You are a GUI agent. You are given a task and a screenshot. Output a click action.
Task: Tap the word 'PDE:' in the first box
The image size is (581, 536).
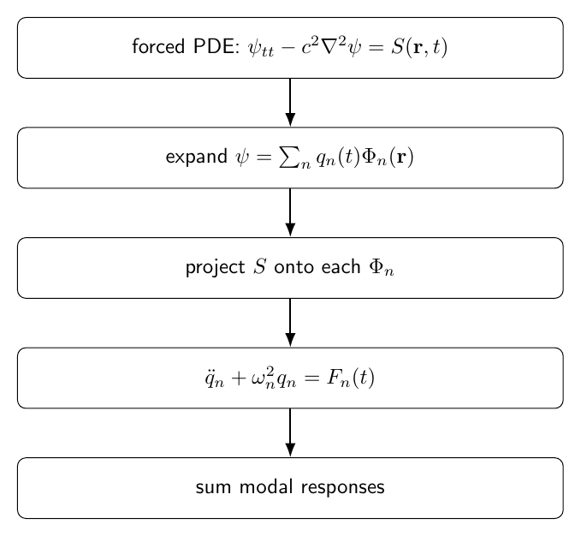(216, 47)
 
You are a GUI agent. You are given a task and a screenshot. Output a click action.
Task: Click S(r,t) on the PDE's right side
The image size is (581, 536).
(419, 48)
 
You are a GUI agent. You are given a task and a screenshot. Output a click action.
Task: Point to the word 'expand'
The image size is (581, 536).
(197, 158)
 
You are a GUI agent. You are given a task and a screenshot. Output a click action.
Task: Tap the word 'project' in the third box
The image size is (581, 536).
(216, 268)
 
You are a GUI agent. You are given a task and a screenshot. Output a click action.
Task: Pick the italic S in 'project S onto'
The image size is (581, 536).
(260, 267)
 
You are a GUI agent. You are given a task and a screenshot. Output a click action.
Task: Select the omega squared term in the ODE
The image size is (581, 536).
(263, 378)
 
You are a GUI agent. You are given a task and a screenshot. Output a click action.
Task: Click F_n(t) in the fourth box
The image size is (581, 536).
(351, 378)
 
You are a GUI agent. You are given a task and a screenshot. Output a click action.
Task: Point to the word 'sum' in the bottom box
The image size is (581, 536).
(213, 487)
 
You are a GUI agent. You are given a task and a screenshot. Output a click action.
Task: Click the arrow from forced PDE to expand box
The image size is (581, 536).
(291, 103)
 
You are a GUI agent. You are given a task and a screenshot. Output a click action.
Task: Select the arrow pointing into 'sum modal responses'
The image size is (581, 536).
(291, 433)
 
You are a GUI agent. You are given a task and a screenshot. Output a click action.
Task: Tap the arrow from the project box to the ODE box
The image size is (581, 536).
(291, 323)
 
